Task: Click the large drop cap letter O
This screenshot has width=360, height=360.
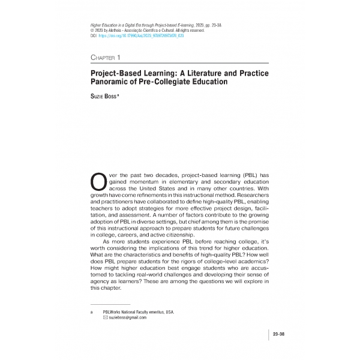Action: pos(97,181)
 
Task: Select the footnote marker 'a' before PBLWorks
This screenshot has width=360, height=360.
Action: pos(91,312)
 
